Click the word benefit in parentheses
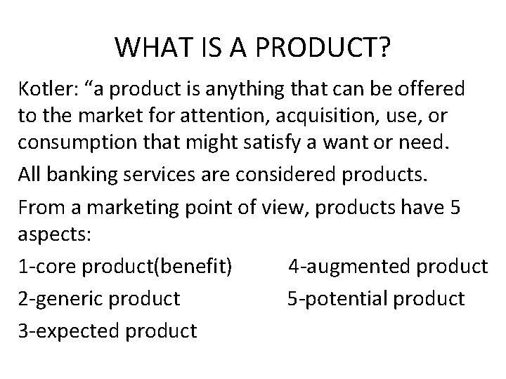click(x=193, y=266)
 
